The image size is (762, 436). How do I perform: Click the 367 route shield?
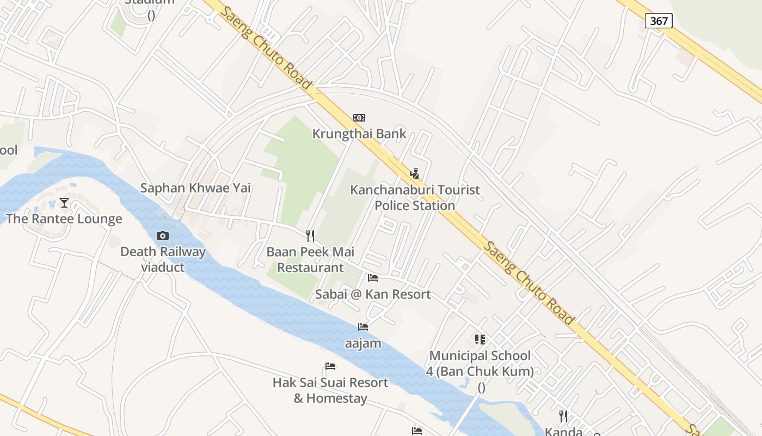pos(659,21)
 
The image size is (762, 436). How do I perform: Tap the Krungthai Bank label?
pos(359,134)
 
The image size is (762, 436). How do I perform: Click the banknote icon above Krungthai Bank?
pos(359,118)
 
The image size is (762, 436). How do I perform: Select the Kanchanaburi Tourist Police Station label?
pos(415,198)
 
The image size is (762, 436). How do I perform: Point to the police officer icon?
pos(415,174)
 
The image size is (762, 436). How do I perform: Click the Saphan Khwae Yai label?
pos(195,188)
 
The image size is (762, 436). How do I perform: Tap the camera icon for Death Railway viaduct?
pos(162,236)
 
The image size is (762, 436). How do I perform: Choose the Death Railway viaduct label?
pos(163,259)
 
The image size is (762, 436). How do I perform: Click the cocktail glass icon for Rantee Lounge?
pos(64,203)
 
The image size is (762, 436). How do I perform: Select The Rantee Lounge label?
pos(64,219)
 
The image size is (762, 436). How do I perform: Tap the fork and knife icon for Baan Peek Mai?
pos(310,235)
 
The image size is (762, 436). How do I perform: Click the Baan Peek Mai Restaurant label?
pos(310,259)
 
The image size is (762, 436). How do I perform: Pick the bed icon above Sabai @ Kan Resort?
pos(373,278)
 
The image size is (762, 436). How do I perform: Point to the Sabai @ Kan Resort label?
pos(373,294)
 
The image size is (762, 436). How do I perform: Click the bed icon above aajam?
pos(363,327)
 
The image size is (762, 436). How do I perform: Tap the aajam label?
pos(363,344)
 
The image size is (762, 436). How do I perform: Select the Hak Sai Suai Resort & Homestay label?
pos(330,390)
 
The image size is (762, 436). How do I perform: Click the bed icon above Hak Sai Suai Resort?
pos(330,366)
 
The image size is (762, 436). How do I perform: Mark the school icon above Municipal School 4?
pos(480,340)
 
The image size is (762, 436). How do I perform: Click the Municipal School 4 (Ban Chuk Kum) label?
pos(480,364)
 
